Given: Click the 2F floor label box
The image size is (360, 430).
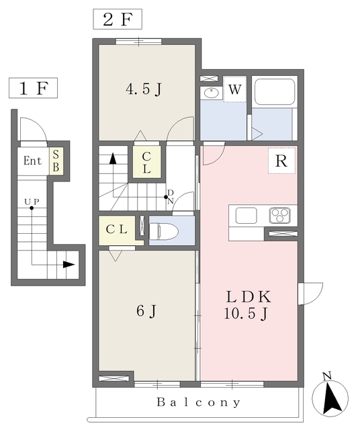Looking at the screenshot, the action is (x=118, y=19).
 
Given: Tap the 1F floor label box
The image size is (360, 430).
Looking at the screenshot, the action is (x=33, y=88).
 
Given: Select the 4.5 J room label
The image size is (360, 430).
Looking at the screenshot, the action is (x=144, y=89).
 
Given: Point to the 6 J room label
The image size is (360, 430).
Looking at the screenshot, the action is (x=146, y=311).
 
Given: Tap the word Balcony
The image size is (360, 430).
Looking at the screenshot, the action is (x=199, y=402).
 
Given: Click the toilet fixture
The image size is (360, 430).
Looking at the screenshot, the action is (x=164, y=231).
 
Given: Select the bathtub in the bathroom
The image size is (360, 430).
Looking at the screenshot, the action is (x=275, y=92).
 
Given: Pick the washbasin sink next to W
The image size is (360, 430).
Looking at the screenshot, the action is (x=212, y=93).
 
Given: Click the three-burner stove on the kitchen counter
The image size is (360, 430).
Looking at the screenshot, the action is (x=279, y=215).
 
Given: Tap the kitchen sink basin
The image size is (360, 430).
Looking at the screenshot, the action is (x=246, y=216).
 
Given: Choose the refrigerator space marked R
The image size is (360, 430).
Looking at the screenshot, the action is (x=281, y=161).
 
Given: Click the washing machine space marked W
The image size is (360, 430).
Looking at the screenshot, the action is (x=234, y=89).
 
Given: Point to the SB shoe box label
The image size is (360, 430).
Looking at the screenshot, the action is (x=56, y=161).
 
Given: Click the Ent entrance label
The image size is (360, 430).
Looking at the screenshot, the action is (x=32, y=161).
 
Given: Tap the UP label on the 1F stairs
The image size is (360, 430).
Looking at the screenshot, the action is (x=32, y=202).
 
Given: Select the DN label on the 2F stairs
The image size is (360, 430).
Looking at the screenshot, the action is (x=171, y=197).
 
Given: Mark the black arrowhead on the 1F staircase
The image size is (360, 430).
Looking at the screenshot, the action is (x=69, y=265).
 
